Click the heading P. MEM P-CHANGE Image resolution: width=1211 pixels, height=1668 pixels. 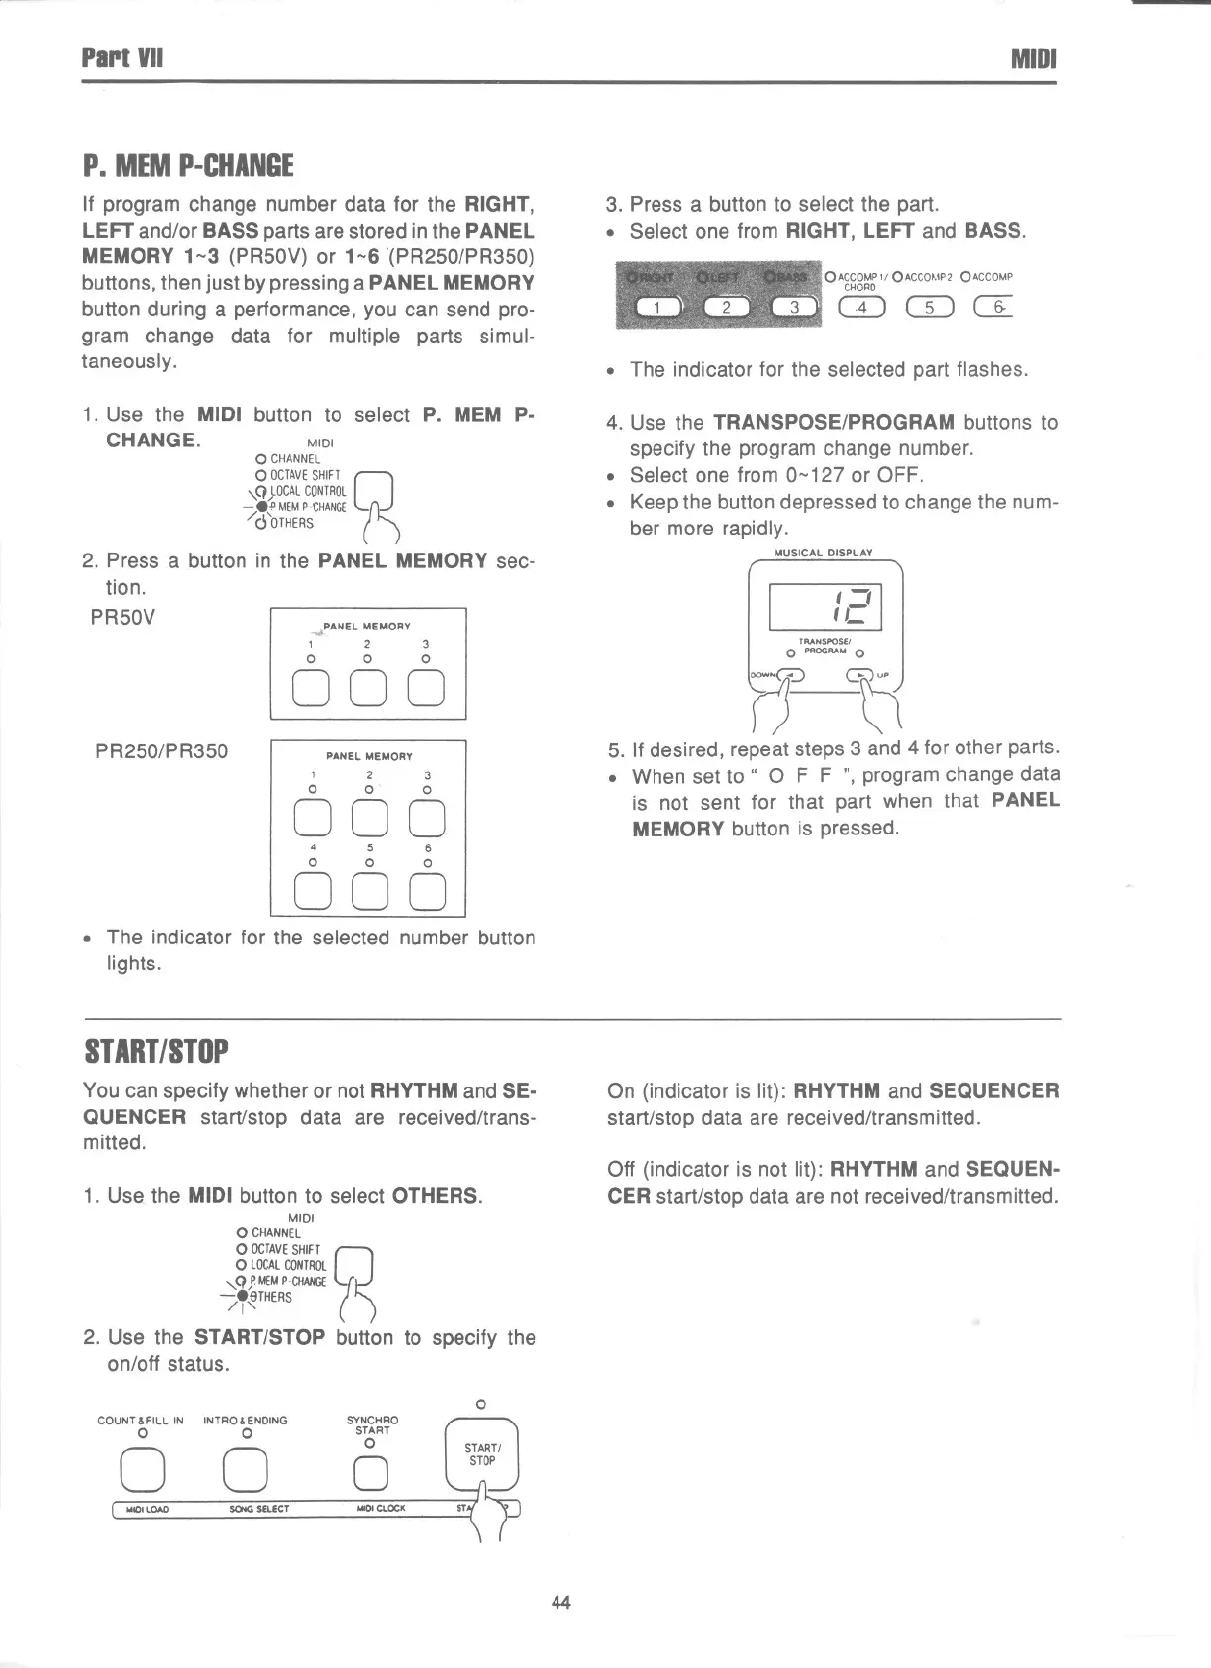[187, 164]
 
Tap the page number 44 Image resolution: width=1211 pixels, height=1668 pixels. [561, 1602]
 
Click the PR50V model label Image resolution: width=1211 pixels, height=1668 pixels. [123, 618]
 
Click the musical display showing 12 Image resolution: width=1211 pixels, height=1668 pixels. [826, 606]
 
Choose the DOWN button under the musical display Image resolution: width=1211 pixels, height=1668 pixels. [791, 677]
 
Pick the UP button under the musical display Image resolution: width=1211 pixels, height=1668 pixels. [860, 677]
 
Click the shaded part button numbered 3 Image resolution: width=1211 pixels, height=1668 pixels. [793, 307]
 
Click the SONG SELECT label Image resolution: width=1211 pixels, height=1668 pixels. [258, 1510]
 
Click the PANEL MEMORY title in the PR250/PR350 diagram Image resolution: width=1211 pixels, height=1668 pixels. [368, 756]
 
